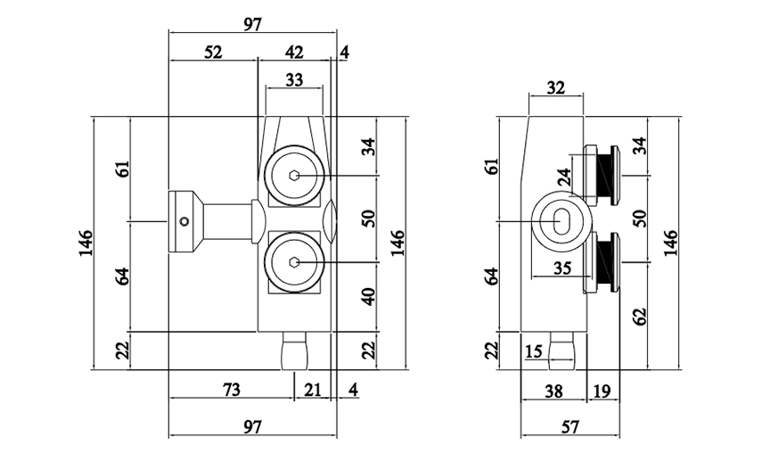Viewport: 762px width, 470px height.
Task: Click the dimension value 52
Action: click(x=212, y=52)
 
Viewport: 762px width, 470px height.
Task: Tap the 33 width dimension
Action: click(x=293, y=80)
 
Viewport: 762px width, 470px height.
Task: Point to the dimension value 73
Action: click(x=231, y=390)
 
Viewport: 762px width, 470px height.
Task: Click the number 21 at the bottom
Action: click(x=313, y=390)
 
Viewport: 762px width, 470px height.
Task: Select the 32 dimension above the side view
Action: click(x=555, y=87)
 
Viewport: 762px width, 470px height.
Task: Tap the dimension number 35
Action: click(x=561, y=267)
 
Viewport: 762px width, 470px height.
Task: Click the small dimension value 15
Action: click(x=534, y=351)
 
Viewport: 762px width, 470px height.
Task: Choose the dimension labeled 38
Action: click(x=553, y=390)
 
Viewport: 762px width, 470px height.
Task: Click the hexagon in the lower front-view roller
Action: click(x=294, y=262)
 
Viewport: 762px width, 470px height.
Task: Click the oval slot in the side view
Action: click(x=563, y=220)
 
